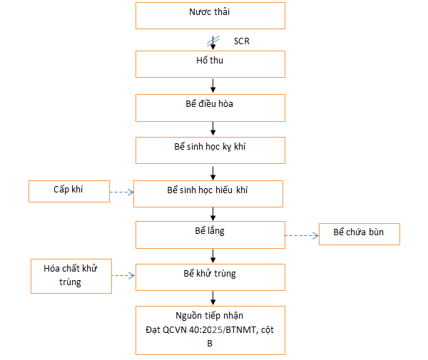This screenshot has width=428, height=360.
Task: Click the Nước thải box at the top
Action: pos(210,15)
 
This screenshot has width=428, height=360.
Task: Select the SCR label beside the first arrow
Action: pos(241,41)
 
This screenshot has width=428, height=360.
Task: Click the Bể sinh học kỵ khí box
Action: pos(210,150)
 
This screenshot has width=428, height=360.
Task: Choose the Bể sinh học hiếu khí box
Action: pos(210,193)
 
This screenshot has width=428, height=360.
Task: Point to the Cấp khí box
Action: pos(69,190)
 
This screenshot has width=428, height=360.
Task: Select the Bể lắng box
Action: pos(210,234)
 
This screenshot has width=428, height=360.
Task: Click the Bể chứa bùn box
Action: pos(359,234)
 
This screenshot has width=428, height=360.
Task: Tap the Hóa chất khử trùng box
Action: pos(71,276)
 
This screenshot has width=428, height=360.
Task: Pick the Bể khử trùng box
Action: pos(210,276)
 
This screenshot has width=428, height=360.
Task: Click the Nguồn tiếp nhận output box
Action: pos(210,329)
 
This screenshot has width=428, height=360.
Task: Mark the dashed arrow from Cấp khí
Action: pos(122,192)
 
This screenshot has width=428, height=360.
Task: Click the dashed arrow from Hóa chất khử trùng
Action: pos(123,274)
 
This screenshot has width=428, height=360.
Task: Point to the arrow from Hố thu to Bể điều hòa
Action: pos(213,85)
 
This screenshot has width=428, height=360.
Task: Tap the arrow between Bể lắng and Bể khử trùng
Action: pos(213,255)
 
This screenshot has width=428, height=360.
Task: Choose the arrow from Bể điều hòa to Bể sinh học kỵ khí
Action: pos(213,128)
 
